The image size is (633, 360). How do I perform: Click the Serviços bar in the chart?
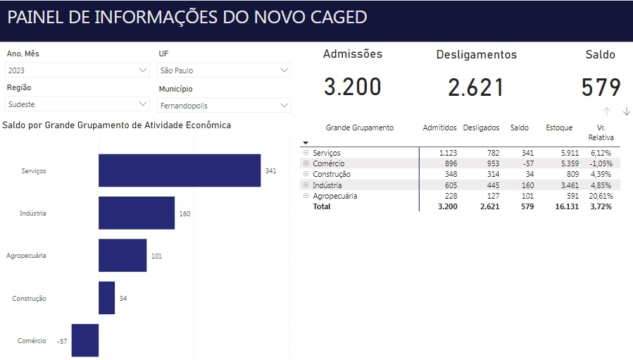(180, 170)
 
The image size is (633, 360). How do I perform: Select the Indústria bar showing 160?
(137, 213)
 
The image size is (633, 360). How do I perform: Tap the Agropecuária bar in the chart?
(123, 256)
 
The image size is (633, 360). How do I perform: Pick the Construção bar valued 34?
(106, 298)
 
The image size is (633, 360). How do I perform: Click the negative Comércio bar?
(85, 340)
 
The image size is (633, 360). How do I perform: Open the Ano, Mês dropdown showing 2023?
(77, 70)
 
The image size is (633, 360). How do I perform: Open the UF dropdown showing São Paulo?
(224, 70)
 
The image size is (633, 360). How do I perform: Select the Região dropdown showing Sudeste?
(77, 104)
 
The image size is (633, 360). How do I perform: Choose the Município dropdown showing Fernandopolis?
(224, 106)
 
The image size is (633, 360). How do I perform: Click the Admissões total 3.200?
(352, 87)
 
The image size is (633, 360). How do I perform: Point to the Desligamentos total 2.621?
(476, 87)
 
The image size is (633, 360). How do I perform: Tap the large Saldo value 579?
(601, 87)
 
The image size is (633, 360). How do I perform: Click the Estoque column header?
(559, 128)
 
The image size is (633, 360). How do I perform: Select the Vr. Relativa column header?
(601, 132)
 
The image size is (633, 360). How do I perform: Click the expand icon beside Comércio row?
(306, 163)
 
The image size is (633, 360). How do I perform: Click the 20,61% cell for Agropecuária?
(601, 196)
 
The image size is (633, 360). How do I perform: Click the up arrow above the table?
(606, 111)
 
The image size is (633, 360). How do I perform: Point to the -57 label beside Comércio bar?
(62, 341)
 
